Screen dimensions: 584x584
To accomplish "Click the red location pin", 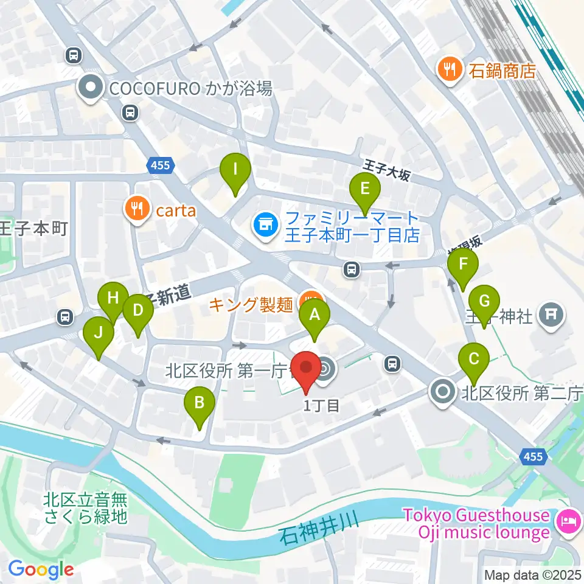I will click(306, 369).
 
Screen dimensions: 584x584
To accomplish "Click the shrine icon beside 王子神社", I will click(552, 315).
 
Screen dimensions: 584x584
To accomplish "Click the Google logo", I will click(41, 569).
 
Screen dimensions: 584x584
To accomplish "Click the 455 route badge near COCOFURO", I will click(161, 165).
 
